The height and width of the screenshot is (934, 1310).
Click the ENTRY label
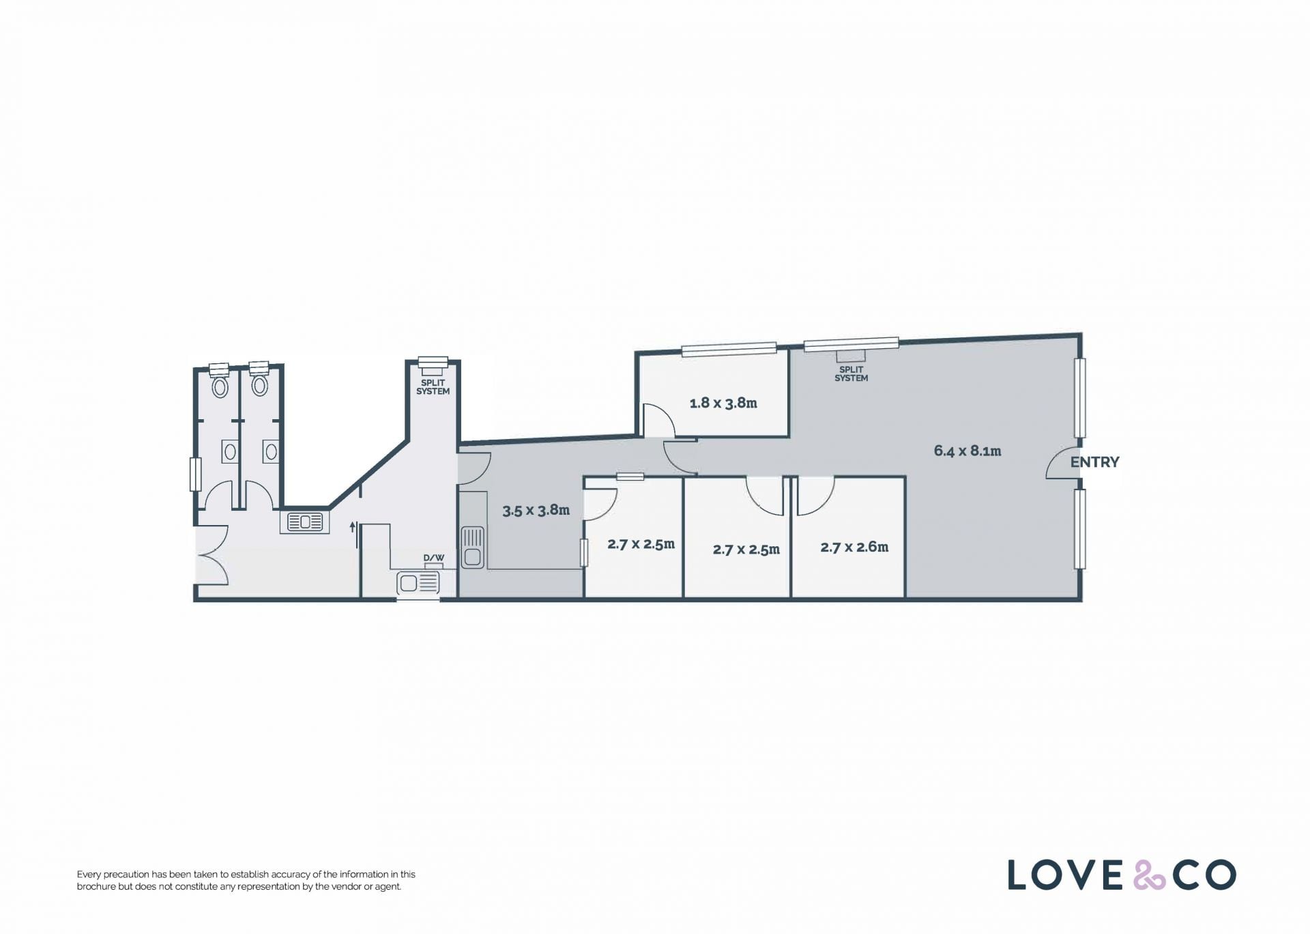click(1094, 462)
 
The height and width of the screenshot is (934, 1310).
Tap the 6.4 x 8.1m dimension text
click(967, 451)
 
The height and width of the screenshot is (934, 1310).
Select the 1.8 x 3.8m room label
click(723, 403)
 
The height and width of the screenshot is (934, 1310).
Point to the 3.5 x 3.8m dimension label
click(536, 510)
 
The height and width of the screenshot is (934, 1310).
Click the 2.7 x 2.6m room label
click(854, 547)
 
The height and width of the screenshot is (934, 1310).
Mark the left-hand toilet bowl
click(220, 387)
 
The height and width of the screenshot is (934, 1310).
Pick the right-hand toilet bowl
click(259, 386)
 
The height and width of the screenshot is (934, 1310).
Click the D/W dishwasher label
click(434, 558)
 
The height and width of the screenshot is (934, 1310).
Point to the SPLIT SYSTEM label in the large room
click(851, 374)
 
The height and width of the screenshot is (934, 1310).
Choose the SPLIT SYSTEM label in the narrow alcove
click(433, 387)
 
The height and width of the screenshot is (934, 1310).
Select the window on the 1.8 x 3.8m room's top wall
click(729, 349)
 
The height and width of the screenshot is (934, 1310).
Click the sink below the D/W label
click(419, 584)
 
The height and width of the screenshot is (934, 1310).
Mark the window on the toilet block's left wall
click(195, 474)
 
